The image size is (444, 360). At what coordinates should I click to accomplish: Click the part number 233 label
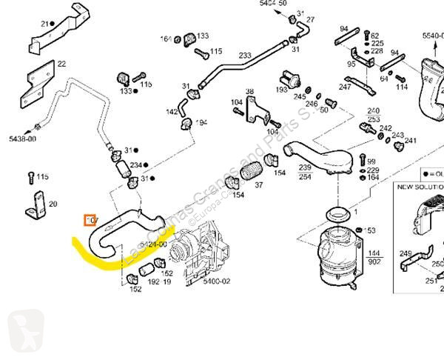tap(245, 56)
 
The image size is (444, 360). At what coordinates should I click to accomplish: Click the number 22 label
tap(61, 64)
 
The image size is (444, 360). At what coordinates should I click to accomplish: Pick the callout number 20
tap(53, 204)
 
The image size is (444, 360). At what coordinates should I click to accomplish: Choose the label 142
tap(171, 112)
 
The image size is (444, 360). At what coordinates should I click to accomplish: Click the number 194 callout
tap(201, 123)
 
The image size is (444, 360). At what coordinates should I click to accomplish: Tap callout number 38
tap(250, 93)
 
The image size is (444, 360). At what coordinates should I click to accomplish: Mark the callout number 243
tap(397, 136)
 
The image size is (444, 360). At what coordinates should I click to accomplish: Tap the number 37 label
tap(259, 185)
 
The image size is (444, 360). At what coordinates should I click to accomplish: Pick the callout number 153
tap(371, 231)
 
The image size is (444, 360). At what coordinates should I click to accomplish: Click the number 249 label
tap(405, 254)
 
